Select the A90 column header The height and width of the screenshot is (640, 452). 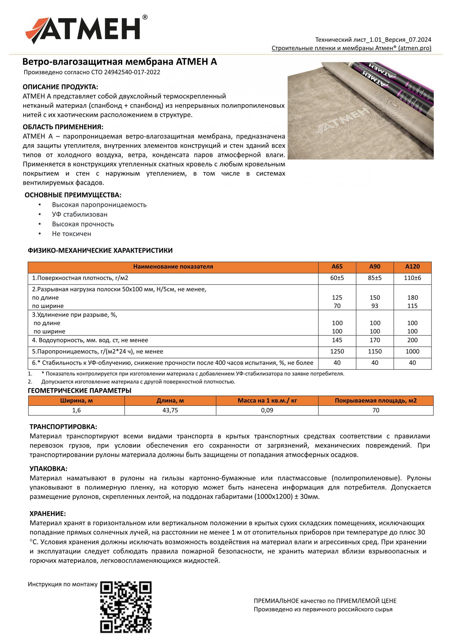375,266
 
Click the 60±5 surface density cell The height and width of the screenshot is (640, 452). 337,278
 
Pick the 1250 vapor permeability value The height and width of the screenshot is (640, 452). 337,351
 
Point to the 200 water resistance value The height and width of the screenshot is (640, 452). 412,340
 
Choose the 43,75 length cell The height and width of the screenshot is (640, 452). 170,410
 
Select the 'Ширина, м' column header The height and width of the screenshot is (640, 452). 76,400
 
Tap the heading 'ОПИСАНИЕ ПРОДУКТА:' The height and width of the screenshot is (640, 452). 60,87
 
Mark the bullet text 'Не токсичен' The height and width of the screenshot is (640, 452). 72,233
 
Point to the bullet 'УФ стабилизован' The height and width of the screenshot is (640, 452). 80,214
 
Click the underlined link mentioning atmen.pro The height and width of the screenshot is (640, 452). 351,48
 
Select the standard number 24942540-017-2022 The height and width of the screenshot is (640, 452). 132,72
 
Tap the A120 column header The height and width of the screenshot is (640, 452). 412,266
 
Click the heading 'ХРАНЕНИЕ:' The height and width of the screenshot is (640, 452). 48,513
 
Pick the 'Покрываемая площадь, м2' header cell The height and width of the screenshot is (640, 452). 376,400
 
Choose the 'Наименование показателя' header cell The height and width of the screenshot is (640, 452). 173,266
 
